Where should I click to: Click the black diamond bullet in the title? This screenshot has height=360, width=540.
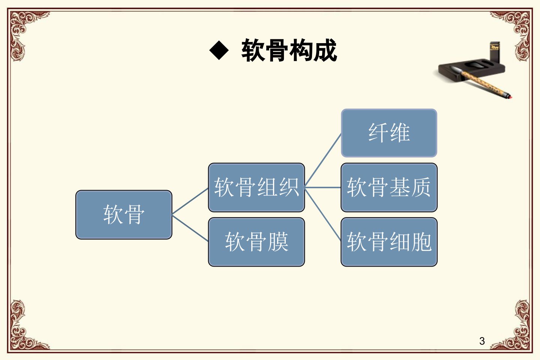(219, 51)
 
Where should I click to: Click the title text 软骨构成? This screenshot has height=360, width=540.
(289, 51)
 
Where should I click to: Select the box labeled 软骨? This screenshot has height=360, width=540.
(124, 214)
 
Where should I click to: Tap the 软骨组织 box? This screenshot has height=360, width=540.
(256, 187)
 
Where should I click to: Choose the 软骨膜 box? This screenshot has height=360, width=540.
(256, 242)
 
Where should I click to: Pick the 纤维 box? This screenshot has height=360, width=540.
(389, 133)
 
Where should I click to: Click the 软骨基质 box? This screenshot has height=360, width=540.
(389, 187)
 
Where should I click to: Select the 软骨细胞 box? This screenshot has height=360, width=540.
(389, 242)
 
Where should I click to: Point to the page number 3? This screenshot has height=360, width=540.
(482, 341)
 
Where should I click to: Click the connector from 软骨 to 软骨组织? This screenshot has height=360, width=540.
(190, 201)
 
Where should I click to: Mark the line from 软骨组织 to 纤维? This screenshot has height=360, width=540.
(323, 160)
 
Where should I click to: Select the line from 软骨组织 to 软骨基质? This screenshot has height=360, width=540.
(323, 187)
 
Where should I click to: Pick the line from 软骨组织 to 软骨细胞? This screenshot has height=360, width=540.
(323, 214)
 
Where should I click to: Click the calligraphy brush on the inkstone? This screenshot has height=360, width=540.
(484, 82)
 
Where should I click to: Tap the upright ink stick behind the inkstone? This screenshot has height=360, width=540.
(495, 52)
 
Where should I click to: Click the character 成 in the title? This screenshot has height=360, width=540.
(325, 51)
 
